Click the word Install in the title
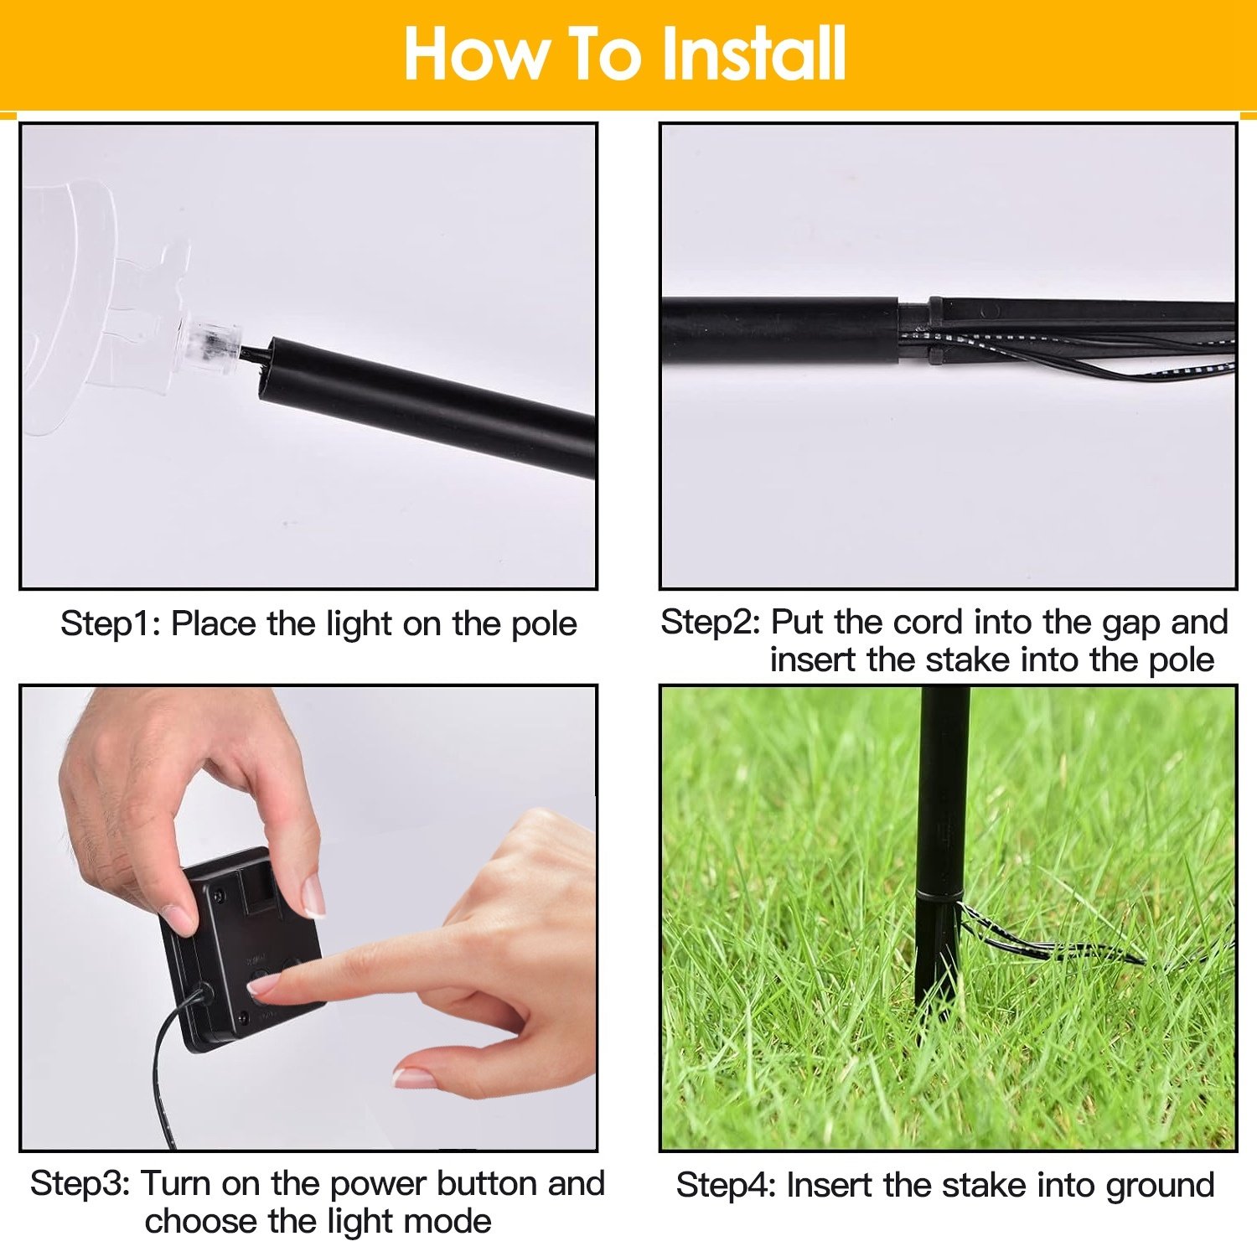753,54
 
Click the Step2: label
711,623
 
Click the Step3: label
80,1184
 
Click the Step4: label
727,1187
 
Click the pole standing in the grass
939,846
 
